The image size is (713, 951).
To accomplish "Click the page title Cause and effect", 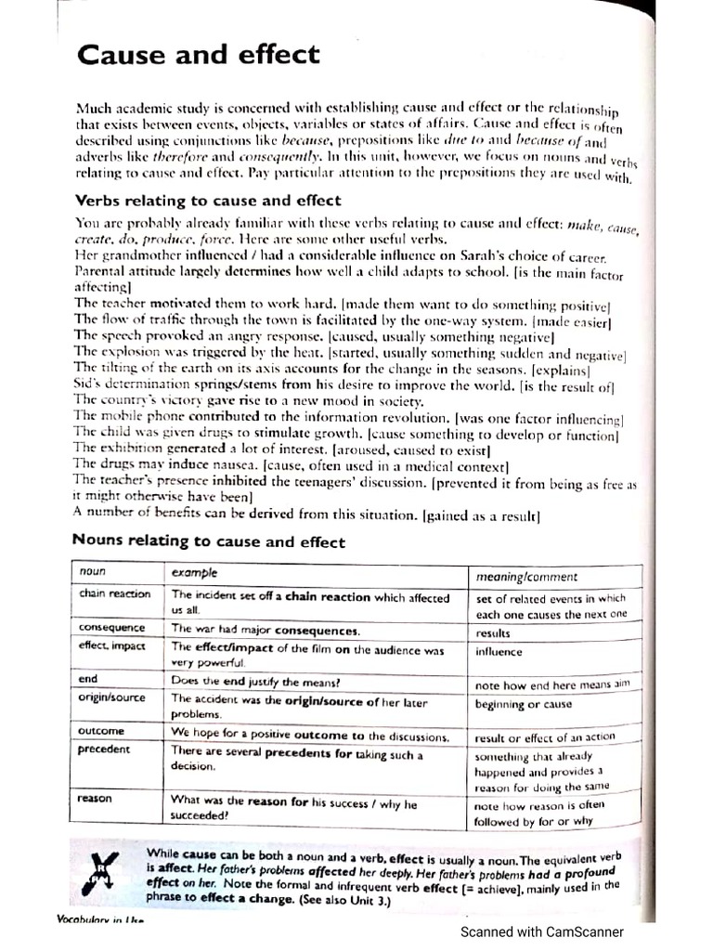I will (x=198, y=55).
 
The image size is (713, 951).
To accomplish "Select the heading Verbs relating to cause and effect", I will (x=207, y=200).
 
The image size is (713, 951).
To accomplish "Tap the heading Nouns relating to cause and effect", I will (x=209, y=541).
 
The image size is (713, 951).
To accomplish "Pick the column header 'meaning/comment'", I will (x=525, y=577).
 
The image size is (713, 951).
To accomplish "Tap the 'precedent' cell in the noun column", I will (x=105, y=749).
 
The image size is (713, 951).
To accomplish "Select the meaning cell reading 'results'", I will (x=493, y=633).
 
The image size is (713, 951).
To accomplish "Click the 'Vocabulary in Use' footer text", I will (x=102, y=920).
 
